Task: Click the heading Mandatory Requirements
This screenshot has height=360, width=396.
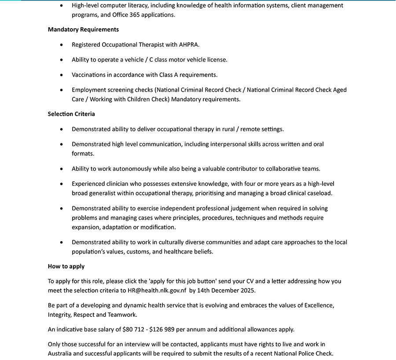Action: click(83, 29)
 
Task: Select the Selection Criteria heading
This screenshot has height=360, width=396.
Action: click(71, 114)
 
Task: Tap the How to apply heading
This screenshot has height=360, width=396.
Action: click(66, 266)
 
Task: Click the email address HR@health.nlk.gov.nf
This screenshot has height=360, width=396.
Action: click(157, 290)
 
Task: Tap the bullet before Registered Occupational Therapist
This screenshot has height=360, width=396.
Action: click(62, 44)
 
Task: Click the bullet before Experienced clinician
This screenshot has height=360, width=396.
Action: click(62, 184)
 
